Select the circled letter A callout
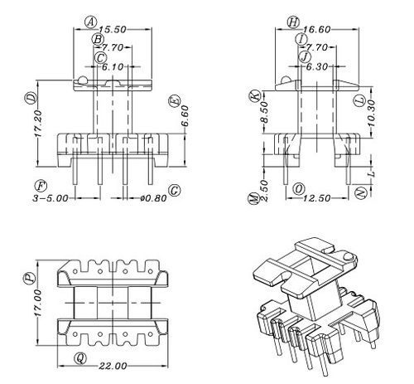pyautogui.click(x=90, y=22)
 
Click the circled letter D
pyautogui.click(x=31, y=98)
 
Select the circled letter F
pyautogui.click(x=39, y=183)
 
